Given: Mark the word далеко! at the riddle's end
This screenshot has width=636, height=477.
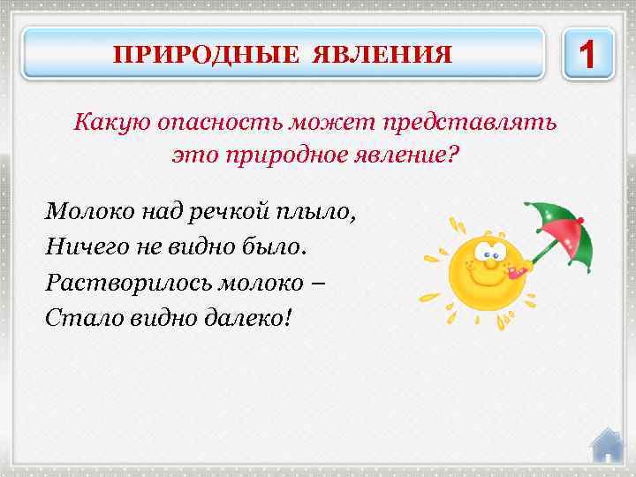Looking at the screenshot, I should (x=248, y=315).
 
